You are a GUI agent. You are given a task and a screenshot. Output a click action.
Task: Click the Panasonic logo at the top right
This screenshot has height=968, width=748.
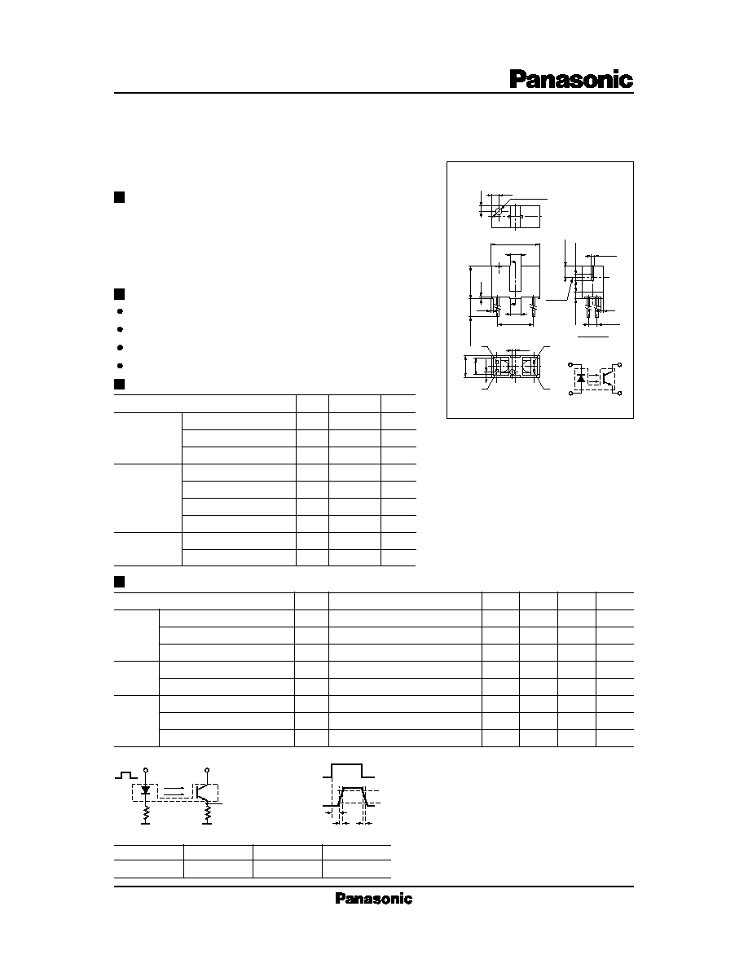[x=571, y=80]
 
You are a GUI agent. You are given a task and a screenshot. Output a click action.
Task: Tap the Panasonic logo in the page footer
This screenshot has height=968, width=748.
[x=373, y=898]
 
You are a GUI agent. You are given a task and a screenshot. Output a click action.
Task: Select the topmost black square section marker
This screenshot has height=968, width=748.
[x=120, y=197]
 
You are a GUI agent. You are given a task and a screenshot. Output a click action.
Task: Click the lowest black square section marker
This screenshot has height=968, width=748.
[x=120, y=582]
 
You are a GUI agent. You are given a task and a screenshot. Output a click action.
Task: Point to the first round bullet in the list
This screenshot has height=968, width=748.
[x=120, y=312]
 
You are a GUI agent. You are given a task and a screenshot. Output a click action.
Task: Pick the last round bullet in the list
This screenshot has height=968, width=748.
[x=120, y=366]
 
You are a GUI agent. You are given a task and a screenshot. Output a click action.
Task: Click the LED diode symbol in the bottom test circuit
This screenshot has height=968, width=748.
[x=146, y=790]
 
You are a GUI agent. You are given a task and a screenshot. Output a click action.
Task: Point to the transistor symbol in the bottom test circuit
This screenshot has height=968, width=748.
[x=203, y=791]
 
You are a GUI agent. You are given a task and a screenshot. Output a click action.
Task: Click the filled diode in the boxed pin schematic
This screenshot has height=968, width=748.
[x=581, y=377]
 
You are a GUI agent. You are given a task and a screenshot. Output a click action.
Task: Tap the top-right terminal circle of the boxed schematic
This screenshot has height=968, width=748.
[x=619, y=366]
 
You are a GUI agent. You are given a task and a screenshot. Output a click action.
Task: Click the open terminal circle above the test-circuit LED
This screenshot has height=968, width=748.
[x=146, y=771]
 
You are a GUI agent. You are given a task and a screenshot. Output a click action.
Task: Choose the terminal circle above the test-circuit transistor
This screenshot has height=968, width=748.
[x=208, y=771]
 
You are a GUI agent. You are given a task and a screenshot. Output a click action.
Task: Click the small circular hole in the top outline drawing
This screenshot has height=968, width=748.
[x=497, y=211]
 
